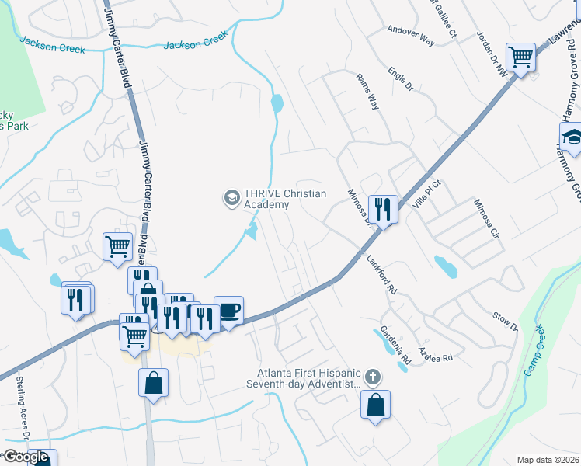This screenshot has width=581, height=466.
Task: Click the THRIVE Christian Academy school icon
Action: coord(231,198)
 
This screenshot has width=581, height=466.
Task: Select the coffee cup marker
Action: coord(228,310)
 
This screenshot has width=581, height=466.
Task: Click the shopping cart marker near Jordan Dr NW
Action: coord(520,57)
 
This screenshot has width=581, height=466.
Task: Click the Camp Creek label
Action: coord(536,350)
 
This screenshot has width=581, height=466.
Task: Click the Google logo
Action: coord(26,457)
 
